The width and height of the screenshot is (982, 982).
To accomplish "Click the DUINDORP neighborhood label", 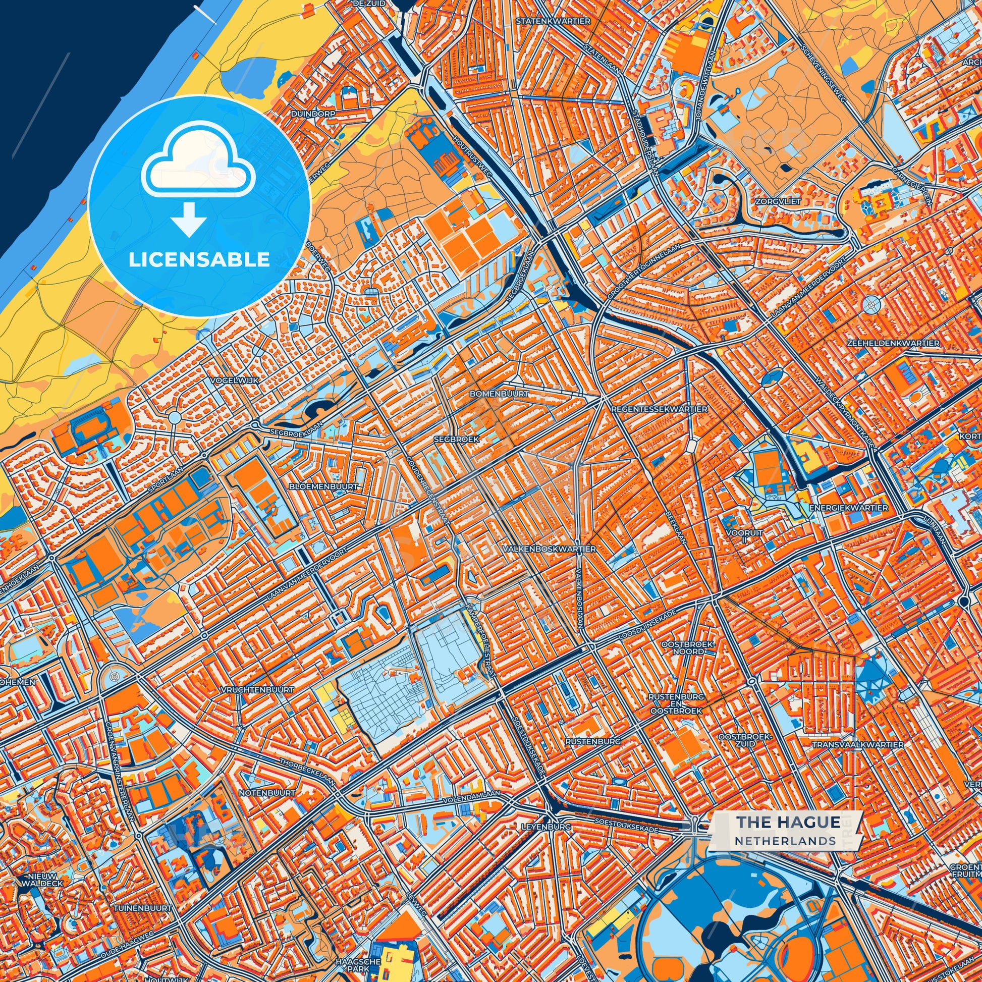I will (x=313, y=114).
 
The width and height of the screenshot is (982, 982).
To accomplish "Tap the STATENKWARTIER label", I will (x=553, y=21).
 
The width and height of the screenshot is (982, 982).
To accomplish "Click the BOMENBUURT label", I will (x=499, y=394).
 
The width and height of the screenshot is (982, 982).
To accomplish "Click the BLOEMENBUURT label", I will (x=323, y=486).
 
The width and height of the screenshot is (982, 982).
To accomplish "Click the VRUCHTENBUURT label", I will (x=257, y=690).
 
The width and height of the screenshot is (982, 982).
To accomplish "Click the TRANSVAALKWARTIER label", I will (x=857, y=744).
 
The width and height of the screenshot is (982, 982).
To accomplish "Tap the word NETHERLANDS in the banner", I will (x=785, y=841).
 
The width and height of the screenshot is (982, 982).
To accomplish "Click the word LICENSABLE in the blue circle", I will (x=199, y=259).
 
